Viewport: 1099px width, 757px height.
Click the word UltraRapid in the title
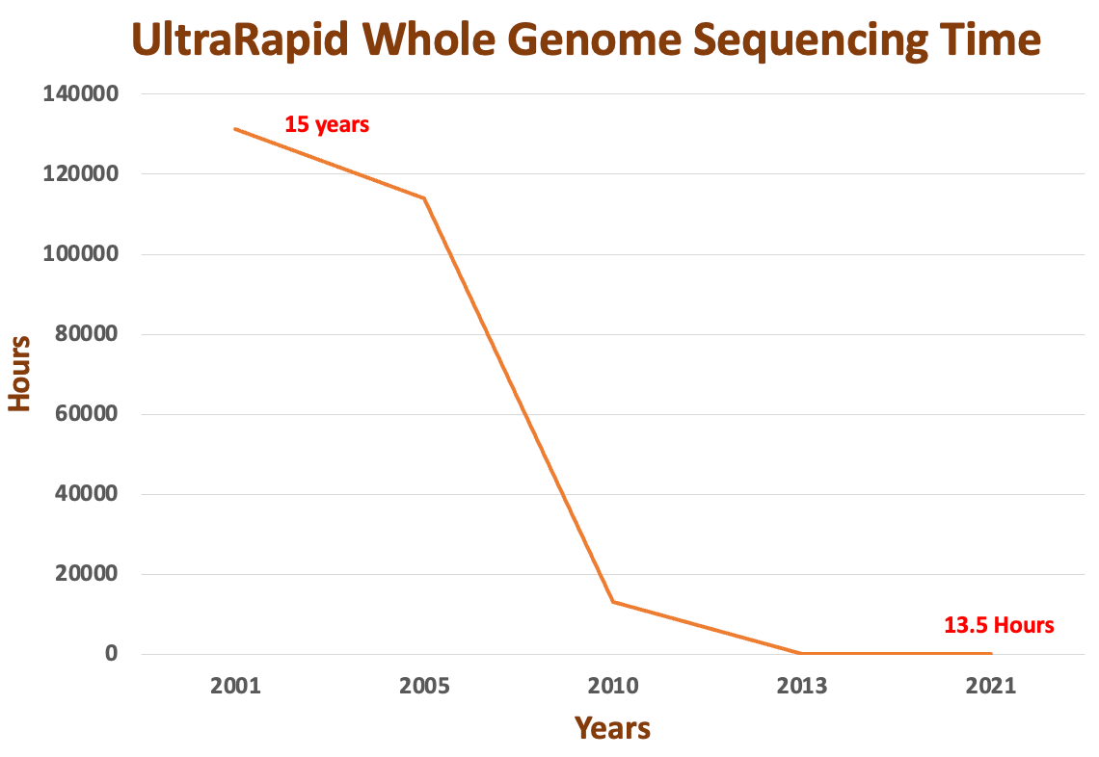240,40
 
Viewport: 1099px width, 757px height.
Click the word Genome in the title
595,40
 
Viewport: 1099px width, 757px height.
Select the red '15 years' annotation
327,124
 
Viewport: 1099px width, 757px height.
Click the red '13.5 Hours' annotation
999,625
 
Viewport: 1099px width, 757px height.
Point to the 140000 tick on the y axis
81,93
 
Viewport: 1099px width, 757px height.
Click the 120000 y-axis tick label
81,173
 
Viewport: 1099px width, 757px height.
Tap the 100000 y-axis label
81,253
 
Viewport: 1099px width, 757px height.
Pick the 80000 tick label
87,334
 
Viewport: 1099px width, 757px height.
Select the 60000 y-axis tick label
87,414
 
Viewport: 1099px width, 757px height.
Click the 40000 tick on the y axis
87,494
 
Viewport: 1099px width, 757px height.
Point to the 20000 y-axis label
87,573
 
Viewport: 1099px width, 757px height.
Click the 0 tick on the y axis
112,653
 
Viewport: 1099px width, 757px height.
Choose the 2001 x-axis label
235,687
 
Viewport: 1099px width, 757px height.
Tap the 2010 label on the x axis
613,687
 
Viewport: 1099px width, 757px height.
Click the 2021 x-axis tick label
991,687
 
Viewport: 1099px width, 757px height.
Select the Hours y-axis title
19,374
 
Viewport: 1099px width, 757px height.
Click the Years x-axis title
612,728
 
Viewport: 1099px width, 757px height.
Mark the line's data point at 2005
424,198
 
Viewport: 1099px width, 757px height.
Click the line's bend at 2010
613,602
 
